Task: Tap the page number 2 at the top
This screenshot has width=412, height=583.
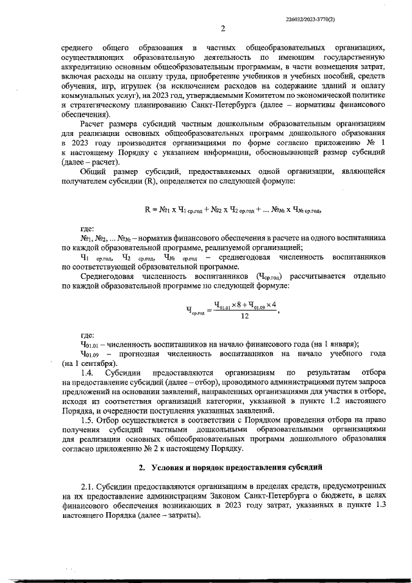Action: pyautogui.click(x=222, y=28)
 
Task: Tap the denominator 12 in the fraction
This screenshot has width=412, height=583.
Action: pyautogui.click(x=245, y=316)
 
